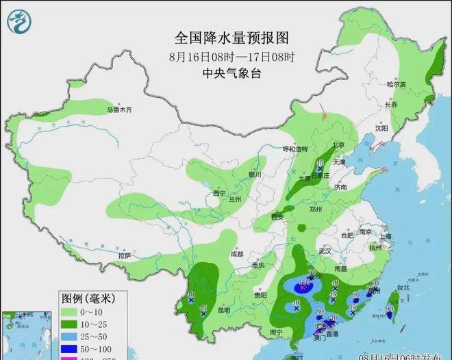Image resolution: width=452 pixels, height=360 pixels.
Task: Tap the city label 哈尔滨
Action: click(397, 85)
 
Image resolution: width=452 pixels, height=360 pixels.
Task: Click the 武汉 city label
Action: click(324, 252)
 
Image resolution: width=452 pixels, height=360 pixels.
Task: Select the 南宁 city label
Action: click(276, 333)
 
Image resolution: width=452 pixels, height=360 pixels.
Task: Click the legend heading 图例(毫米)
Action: click(87, 298)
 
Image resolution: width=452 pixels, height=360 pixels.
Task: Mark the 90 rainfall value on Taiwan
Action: click(390, 309)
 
